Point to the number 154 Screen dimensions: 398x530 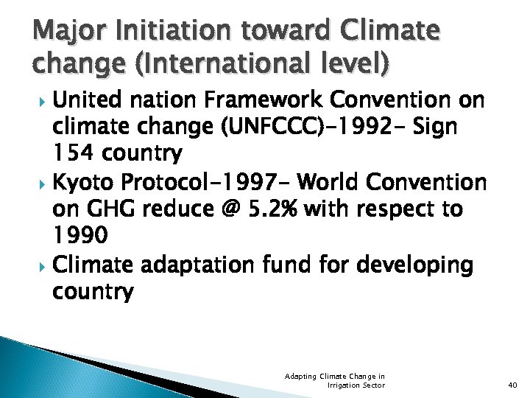[x=74, y=154]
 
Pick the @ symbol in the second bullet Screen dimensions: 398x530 [x=229, y=209]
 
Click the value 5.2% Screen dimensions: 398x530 [x=273, y=209]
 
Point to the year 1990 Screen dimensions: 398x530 [x=81, y=237]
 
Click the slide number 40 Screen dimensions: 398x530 [x=513, y=384]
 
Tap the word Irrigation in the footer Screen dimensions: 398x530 [x=340, y=385]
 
